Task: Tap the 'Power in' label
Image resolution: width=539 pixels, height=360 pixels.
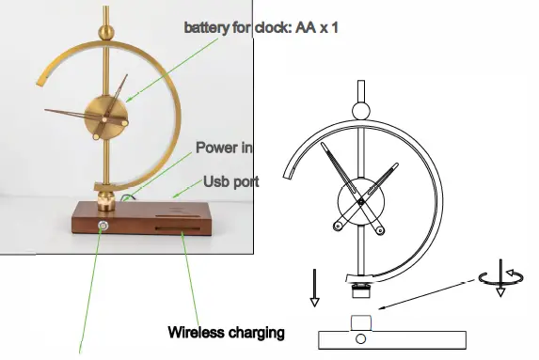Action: [x=224, y=148]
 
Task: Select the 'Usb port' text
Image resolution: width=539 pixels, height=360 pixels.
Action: [x=231, y=180]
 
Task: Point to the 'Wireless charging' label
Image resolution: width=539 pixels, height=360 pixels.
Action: [x=226, y=332]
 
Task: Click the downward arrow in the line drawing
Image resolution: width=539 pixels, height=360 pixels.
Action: [x=315, y=288]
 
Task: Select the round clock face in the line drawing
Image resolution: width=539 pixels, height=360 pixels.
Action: [x=360, y=199]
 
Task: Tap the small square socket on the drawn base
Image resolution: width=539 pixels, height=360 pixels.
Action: [x=362, y=323]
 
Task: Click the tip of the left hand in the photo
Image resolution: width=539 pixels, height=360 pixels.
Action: [x=47, y=112]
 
